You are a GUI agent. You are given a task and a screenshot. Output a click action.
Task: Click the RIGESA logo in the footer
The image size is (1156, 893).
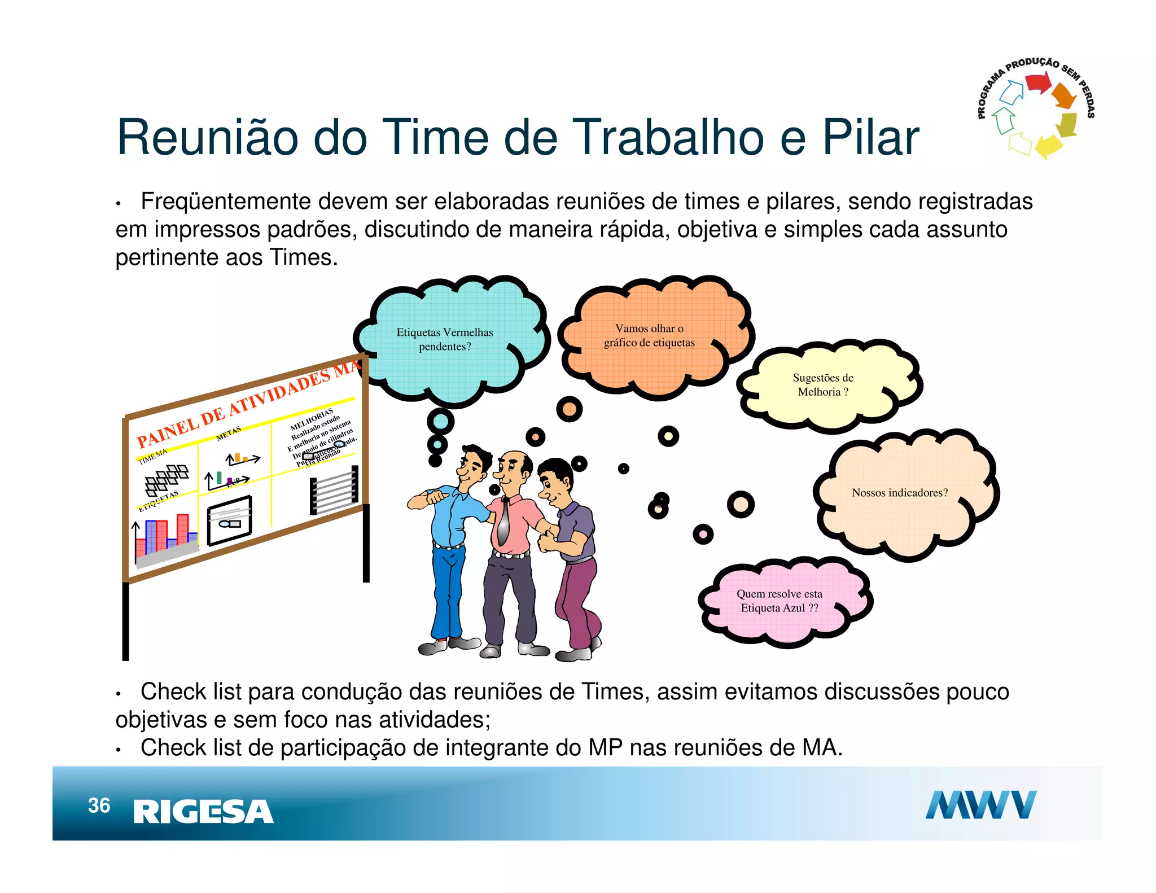pyautogui.click(x=203, y=812)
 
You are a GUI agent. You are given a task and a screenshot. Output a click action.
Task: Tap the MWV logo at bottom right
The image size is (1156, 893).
pyautogui.click(x=980, y=805)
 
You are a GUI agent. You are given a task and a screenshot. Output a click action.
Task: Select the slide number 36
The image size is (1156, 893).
pyautogui.click(x=99, y=806)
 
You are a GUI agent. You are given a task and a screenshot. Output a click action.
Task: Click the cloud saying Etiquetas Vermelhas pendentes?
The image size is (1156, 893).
pyautogui.click(x=445, y=339)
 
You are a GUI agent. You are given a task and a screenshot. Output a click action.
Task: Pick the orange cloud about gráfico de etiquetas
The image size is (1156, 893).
pyautogui.click(x=649, y=335)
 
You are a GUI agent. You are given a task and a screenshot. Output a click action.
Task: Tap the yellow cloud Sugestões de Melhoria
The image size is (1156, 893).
pyautogui.click(x=822, y=384)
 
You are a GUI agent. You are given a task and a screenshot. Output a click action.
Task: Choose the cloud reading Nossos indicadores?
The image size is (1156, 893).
pyautogui.click(x=899, y=493)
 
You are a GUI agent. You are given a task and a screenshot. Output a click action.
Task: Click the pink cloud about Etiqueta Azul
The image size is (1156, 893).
pyautogui.click(x=779, y=601)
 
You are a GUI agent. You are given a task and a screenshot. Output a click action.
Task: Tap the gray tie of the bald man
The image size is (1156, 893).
pyautogui.click(x=502, y=522)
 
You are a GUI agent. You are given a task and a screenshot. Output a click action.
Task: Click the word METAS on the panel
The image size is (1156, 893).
pyautogui.click(x=228, y=434)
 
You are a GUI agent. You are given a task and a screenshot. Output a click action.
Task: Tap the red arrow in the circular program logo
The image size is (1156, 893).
pyautogui.click(x=1037, y=84)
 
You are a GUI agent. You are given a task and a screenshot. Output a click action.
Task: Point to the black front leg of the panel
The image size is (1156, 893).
pyautogui.click(x=125, y=621)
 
